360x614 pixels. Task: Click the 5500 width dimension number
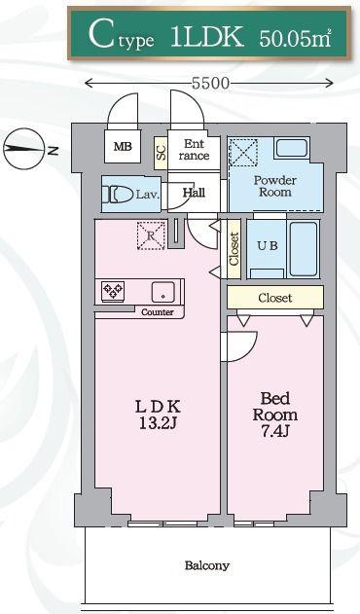(210, 83)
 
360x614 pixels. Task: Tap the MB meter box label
(123, 147)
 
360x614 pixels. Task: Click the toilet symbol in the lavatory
(118, 194)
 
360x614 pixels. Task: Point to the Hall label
(194, 193)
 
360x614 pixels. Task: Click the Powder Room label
(275, 186)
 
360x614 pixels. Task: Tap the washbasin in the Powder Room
(292, 148)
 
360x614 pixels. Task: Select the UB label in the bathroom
(268, 245)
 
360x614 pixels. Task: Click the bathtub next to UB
(304, 249)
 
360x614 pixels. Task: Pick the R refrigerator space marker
(151, 235)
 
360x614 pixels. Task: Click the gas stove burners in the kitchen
(113, 291)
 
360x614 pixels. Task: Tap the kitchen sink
(163, 291)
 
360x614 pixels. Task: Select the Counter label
(157, 312)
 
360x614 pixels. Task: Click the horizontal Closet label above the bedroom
(275, 298)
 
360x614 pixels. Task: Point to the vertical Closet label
(234, 249)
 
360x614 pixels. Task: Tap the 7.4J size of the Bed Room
(275, 431)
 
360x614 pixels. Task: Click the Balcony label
(207, 565)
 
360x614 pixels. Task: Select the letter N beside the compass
(54, 150)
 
